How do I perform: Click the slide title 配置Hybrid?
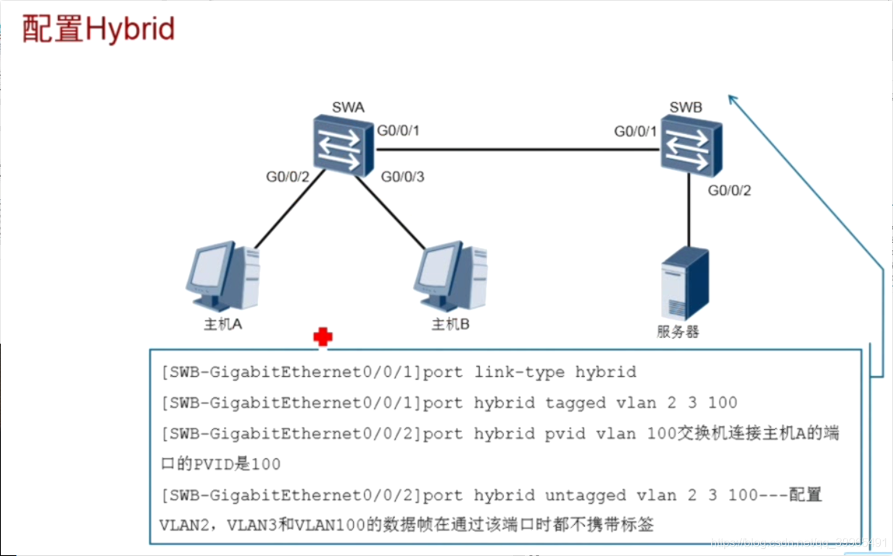[99, 30]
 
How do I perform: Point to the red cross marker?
[323, 336]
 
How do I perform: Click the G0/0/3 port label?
[402, 176]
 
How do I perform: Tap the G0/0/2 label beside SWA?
[288, 176]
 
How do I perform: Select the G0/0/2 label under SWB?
[729, 191]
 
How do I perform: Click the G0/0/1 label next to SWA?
[399, 131]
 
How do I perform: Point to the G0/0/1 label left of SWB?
[636, 131]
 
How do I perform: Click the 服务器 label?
[678, 332]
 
